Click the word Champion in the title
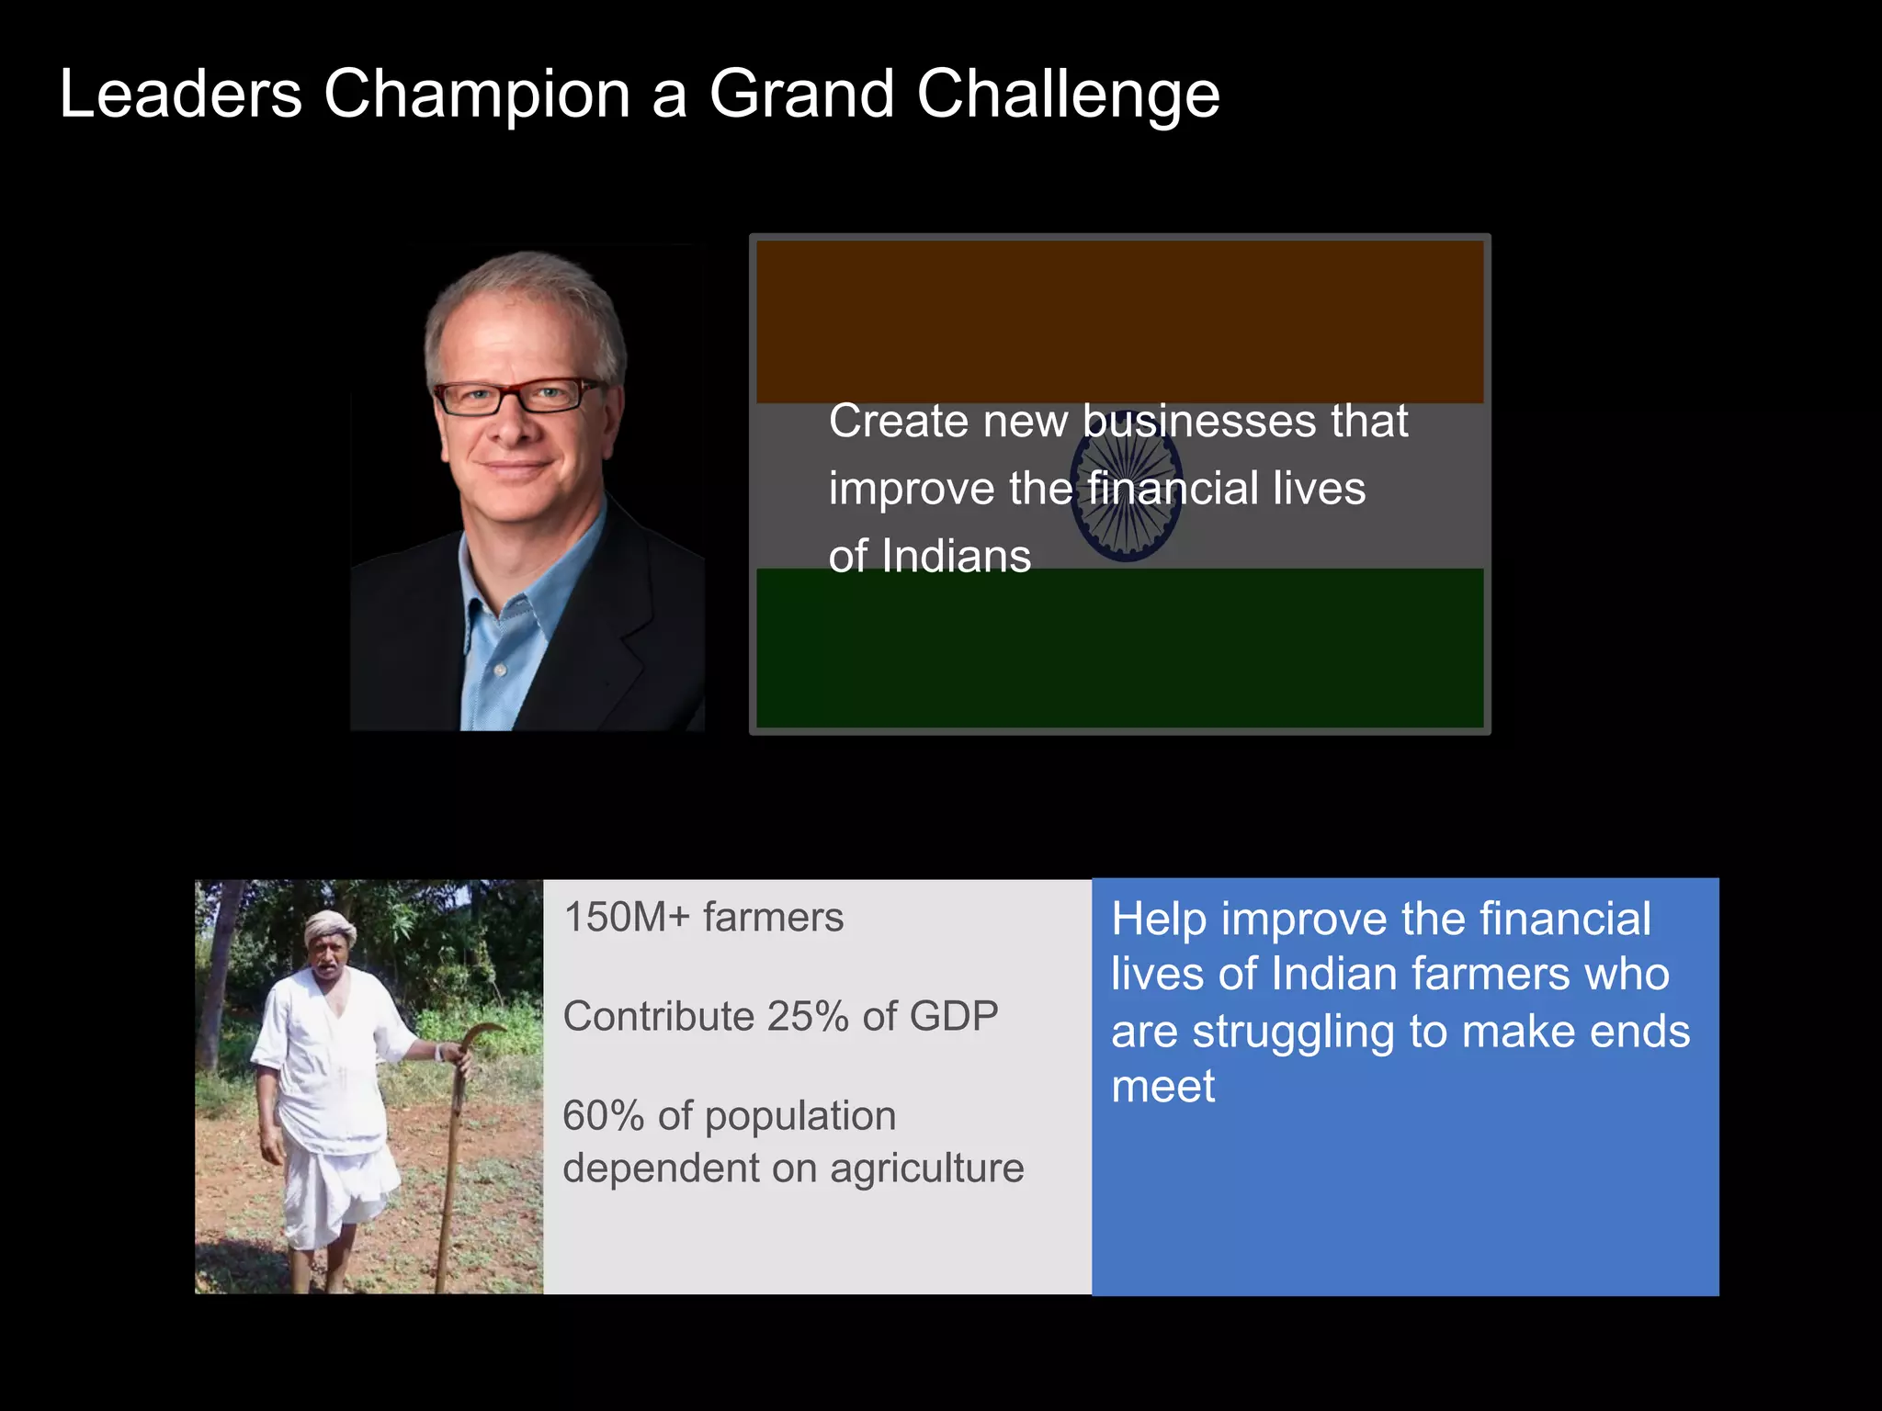click(476, 95)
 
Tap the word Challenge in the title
click(1068, 95)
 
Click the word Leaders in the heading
click(180, 95)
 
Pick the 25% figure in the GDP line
click(807, 1017)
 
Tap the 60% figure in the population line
click(603, 1116)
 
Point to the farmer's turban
click(328, 927)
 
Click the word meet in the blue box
click(1162, 1088)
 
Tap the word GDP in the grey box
click(953, 1017)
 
